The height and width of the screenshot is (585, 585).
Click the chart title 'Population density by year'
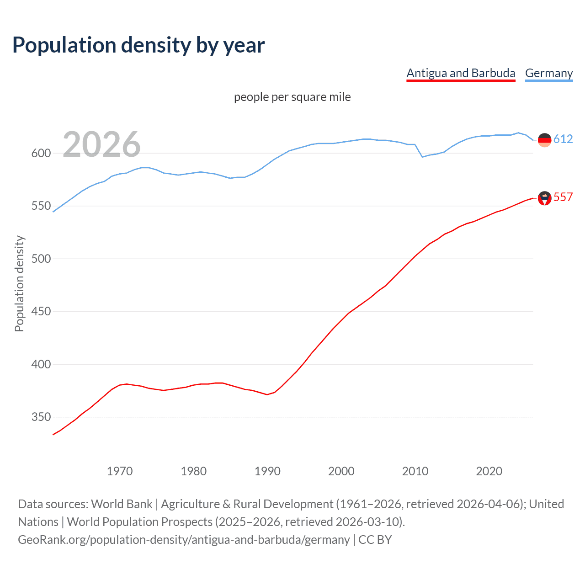coord(138,45)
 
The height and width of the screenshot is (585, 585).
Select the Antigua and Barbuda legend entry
coord(461,73)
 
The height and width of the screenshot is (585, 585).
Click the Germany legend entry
coord(549,73)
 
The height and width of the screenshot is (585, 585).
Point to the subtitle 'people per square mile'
coord(292,97)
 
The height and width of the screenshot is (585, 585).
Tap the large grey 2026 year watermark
coord(101,144)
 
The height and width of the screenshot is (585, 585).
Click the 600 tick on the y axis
coord(41,154)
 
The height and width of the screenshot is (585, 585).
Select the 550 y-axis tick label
coord(41,206)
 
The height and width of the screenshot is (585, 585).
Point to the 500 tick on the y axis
coord(41,259)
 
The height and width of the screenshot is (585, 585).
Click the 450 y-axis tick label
coord(41,312)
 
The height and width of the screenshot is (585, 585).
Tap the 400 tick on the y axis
coord(41,364)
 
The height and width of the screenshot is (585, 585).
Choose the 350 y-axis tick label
coord(41,417)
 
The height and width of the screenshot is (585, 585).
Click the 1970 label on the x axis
coord(120,471)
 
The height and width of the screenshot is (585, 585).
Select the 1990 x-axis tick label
coord(267,471)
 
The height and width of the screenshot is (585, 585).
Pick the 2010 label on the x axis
coord(415,471)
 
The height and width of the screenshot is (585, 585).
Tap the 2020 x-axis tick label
coord(489,471)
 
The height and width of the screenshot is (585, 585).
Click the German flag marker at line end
coord(544,140)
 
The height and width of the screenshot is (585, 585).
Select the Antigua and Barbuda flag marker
coord(544,198)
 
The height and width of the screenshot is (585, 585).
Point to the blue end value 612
coord(563,139)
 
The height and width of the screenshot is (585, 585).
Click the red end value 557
coord(563,197)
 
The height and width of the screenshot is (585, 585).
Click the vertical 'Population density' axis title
coord(19,283)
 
